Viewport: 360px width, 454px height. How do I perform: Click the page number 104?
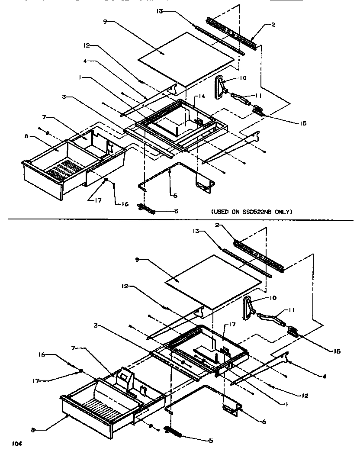coord(16,444)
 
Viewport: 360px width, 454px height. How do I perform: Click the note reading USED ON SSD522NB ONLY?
coord(252,212)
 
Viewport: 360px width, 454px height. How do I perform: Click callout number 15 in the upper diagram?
coord(302,123)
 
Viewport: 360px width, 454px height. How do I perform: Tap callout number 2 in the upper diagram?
coord(273,25)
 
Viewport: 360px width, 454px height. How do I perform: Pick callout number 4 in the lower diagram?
coord(324,376)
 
